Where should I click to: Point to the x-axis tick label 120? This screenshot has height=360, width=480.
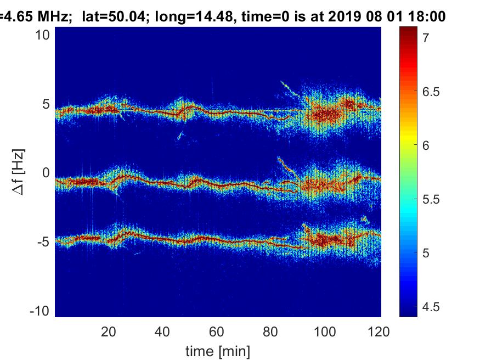coord(379,331)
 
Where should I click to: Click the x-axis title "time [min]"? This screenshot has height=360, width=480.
coord(218,350)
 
